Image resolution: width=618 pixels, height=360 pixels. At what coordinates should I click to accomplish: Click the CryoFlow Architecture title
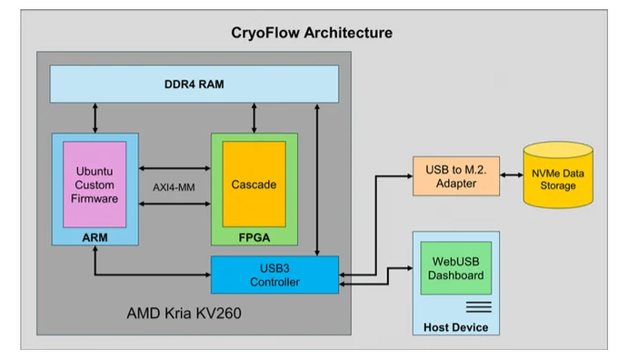coord(312,33)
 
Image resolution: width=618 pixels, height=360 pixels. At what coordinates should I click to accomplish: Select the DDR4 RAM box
coord(194,84)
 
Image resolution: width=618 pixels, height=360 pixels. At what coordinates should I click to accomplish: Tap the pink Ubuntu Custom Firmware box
coord(95,185)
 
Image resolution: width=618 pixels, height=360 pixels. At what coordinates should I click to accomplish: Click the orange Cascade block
coord(254,185)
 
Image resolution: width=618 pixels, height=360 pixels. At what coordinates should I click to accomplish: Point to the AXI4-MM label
coord(174,187)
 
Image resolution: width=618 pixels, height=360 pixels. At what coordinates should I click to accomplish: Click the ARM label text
coord(95,237)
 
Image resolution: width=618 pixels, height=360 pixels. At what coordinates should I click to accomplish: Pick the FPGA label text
coord(254,237)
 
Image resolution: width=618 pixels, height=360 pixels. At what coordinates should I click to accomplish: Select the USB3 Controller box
coord(274,275)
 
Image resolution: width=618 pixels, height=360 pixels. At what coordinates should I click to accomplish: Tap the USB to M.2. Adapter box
coord(456,176)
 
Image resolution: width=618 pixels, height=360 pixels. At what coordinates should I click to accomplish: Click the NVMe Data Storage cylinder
coord(558,175)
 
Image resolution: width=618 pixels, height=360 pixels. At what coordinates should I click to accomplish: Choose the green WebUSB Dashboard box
coord(456,268)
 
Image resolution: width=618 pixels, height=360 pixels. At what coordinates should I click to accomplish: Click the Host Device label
coord(455,327)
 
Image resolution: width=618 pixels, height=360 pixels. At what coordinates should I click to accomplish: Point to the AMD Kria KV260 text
coord(184,313)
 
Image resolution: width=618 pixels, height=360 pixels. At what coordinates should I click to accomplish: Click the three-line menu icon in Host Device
coord(478,306)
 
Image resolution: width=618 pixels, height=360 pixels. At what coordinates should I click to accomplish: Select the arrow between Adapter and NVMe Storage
coord(511,175)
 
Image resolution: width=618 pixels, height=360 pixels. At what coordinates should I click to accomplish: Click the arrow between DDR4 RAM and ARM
coord(95,118)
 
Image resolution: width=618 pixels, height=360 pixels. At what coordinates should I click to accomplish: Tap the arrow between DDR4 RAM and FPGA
coord(254,118)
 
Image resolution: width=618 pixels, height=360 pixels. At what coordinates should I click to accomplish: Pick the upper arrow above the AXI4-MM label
coord(174,168)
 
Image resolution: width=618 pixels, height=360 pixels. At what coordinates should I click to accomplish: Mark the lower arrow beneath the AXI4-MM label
coord(174,204)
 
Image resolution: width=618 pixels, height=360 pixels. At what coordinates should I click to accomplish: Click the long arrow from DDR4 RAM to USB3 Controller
coord(317,180)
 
